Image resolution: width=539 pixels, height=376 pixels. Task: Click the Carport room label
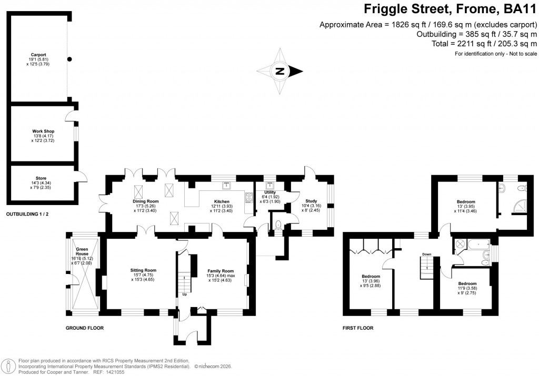point(38,54)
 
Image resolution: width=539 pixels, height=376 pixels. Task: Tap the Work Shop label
point(43,131)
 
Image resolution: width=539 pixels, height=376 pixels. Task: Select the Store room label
point(41,178)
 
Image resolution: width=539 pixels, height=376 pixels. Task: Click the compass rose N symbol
point(281,72)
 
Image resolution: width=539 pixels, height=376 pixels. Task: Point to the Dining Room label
point(145,201)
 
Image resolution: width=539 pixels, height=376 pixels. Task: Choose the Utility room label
point(271,192)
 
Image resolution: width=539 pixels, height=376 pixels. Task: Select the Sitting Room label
point(143,270)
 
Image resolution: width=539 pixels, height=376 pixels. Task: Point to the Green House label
point(82,251)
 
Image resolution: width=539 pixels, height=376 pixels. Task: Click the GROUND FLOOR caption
point(84,328)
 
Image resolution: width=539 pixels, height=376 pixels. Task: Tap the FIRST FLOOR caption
point(357,328)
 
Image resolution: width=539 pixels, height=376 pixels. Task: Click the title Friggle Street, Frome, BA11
point(450,9)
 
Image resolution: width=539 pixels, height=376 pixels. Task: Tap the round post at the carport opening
point(69,59)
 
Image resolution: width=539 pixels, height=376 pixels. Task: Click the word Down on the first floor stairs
point(426,254)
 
